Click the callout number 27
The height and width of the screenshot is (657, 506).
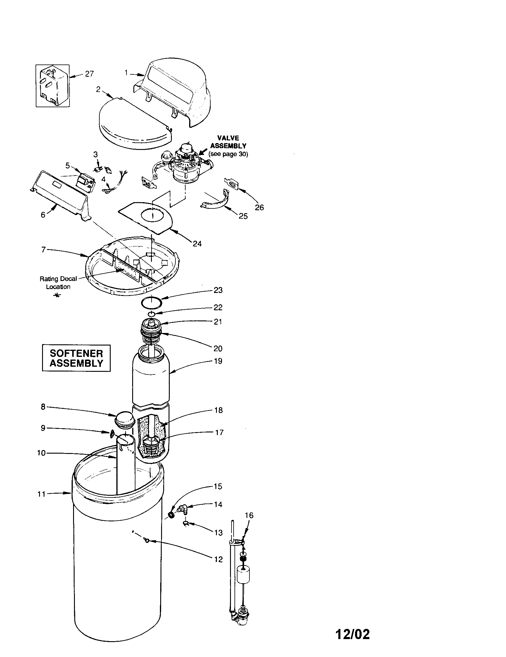point(89,74)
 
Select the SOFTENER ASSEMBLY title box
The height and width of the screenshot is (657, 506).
point(76,358)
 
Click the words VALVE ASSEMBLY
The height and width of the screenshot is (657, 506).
point(228,142)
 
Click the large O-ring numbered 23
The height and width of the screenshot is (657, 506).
point(152,303)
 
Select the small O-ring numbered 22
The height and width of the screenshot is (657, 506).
point(152,314)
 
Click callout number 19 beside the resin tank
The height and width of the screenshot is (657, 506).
point(218,361)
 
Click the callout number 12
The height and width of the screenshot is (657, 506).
point(218,559)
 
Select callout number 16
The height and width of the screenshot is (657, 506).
point(249,516)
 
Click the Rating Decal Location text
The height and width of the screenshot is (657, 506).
point(58,283)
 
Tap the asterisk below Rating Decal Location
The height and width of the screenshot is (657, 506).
point(57,295)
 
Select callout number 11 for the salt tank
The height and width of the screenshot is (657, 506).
point(41,494)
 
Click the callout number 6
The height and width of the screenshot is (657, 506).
point(43,215)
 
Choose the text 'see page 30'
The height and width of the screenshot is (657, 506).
point(228,155)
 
